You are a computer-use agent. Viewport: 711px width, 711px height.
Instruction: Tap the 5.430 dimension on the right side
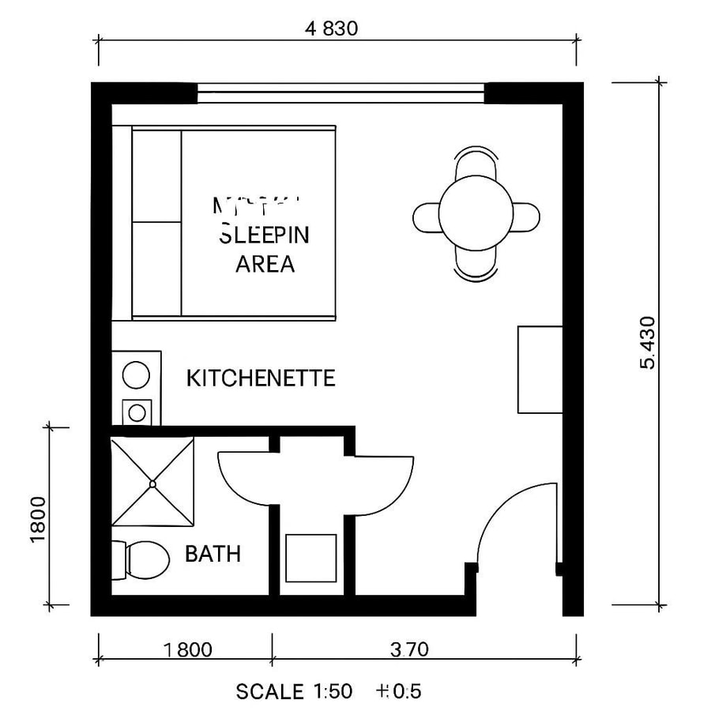coord(648,342)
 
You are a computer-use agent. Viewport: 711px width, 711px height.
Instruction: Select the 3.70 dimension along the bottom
coord(408,650)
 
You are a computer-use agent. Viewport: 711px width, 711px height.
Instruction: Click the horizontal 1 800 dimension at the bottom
coord(188,650)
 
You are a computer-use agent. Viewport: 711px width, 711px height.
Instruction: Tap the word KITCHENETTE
coord(261,378)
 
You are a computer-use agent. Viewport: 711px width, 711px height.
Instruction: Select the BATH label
coord(213,554)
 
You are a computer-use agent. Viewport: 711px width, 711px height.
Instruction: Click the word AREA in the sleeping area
coord(265,264)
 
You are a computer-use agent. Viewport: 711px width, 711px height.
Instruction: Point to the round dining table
coord(476,215)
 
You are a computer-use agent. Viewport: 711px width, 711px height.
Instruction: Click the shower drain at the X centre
coord(152,482)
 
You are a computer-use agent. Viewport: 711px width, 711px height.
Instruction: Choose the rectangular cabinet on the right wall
coord(540,369)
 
